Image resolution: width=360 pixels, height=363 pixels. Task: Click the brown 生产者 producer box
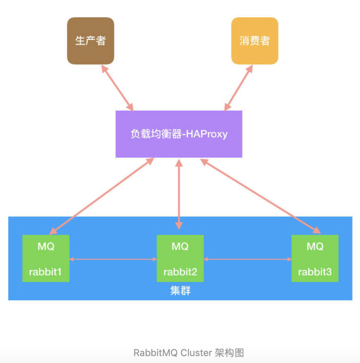click(90, 41)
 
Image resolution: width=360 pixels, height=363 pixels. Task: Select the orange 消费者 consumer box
click(255, 41)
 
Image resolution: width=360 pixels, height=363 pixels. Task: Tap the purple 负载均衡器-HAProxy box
click(179, 134)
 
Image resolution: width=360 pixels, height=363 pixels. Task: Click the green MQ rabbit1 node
click(46, 258)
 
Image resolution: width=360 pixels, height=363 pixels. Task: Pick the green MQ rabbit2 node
click(180, 258)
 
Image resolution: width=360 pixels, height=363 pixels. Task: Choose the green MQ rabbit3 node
click(315, 258)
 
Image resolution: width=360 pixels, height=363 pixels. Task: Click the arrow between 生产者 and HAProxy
click(117, 87)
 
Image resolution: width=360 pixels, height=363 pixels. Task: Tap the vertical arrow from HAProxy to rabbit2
click(179, 194)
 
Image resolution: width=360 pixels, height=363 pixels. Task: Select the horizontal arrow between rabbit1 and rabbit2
click(113, 259)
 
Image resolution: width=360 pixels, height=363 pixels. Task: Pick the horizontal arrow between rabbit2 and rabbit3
click(247, 259)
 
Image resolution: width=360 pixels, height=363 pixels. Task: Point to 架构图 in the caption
click(229, 353)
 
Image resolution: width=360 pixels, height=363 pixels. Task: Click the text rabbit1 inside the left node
click(45, 272)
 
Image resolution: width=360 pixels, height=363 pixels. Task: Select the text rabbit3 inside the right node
click(315, 272)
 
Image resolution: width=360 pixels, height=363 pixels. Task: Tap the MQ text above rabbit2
click(180, 247)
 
